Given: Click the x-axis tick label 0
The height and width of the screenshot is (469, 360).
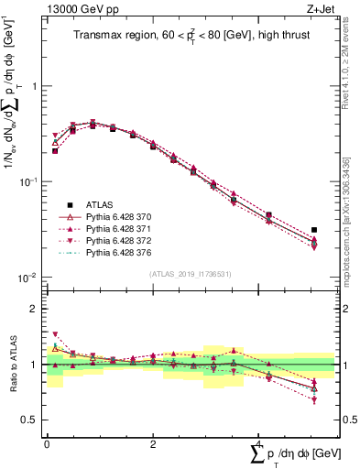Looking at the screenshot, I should [47, 442].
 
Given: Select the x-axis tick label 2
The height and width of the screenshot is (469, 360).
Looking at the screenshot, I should [152, 442].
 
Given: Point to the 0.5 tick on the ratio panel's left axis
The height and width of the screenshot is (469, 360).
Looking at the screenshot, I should [33, 420].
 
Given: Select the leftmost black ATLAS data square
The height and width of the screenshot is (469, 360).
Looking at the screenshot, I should [55, 150].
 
